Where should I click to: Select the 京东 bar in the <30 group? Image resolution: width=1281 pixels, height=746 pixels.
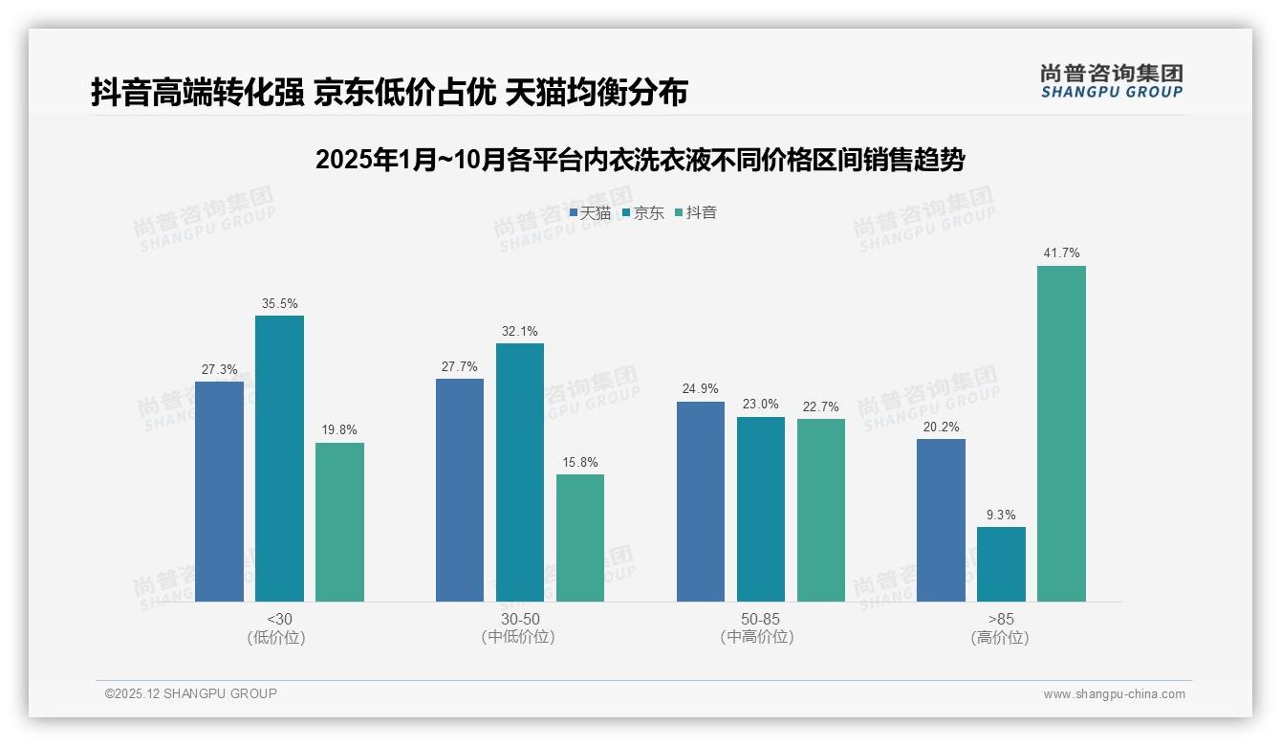[279, 458]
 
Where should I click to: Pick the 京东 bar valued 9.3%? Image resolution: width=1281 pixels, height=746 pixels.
[1001, 564]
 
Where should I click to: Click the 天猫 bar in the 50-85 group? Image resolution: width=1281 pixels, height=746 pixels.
[701, 501]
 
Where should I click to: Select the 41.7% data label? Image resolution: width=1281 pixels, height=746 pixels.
[1061, 253]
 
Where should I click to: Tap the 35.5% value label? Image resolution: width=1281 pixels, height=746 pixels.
[279, 304]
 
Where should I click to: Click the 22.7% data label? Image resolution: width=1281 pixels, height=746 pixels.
[821, 407]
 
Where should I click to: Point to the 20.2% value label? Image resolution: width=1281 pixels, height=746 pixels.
[941, 428]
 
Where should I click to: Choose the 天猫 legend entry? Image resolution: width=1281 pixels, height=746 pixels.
[590, 213]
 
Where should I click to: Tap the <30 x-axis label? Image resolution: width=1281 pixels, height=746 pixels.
[279, 619]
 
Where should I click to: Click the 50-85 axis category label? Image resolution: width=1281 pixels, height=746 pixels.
[760, 619]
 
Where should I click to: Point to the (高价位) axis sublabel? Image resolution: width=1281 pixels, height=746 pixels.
[1000, 638]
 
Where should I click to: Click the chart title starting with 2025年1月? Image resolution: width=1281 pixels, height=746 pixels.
[640, 160]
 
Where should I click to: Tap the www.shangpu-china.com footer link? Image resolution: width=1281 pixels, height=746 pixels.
[1114, 694]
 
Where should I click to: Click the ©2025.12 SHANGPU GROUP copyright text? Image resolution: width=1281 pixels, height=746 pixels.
[191, 693]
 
